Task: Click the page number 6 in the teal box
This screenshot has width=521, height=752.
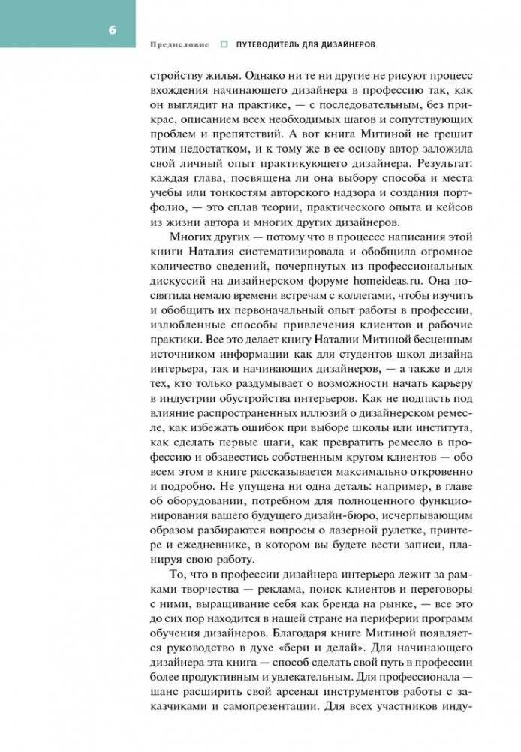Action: tap(112, 30)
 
